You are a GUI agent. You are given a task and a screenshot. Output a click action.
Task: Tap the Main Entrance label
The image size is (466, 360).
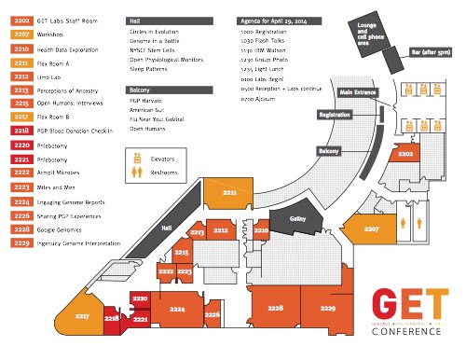coord(359,93)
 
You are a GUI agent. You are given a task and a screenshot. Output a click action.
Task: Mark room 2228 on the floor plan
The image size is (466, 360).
coord(275,307)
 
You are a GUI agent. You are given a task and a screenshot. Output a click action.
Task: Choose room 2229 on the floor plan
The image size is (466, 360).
coord(326,307)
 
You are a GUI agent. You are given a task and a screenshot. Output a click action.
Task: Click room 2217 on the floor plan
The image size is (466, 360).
coord(82,317)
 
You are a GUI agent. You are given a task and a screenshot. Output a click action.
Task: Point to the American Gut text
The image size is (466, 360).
coord(147,110)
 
